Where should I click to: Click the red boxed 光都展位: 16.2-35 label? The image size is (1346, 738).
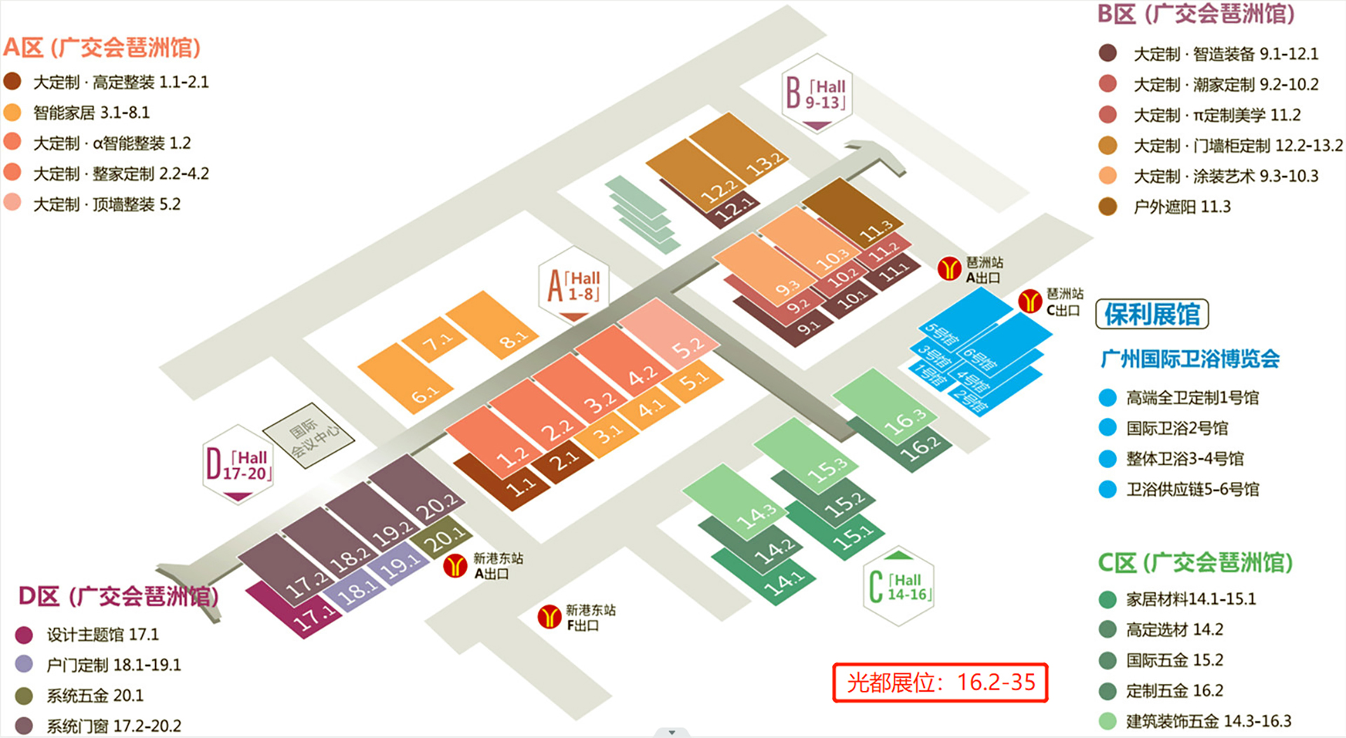(x=940, y=682)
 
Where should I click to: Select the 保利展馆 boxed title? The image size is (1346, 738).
(x=1152, y=314)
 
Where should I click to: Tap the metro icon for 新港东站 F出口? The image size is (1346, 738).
(x=550, y=617)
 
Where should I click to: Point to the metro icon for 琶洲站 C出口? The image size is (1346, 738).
(x=1030, y=302)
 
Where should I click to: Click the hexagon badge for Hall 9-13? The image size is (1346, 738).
(x=817, y=93)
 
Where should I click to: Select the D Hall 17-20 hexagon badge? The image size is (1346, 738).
(x=238, y=464)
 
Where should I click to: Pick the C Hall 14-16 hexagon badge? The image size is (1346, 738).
(x=898, y=586)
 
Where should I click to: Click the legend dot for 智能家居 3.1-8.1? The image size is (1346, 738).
(x=13, y=112)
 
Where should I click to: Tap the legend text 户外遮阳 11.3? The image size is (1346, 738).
(x=1182, y=206)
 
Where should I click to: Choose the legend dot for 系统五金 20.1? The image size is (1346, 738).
(x=25, y=696)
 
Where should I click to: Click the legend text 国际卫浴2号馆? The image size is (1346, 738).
(x=1177, y=428)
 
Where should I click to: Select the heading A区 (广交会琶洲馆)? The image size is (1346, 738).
(x=102, y=48)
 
